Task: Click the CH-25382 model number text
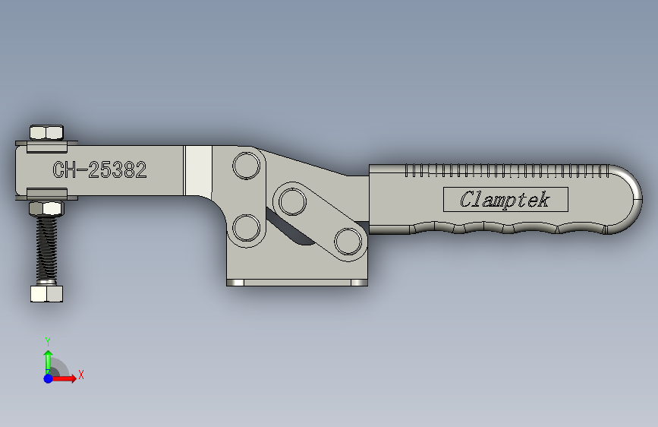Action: pyautogui.click(x=99, y=170)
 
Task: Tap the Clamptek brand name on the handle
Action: pyautogui.click(x=505, y=200)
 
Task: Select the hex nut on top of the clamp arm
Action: pyautogui.click(x=46, y=133)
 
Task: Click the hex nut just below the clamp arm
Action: pyautogui.click(x=46, y=209)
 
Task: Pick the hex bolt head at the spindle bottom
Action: pyautogui.click(x=46, y=293)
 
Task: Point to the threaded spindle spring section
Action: pyautogui.click(x=46, y=248)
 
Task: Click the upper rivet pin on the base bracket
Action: pyautogui.click(x=246, y=165)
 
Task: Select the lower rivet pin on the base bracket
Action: pyautogui.click(x=246, y=227)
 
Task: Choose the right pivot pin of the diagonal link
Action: pyautogui.click(x=347, y=242)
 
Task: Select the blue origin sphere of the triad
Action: pyautogui.click(x=48, y=378)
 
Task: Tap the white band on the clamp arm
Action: pyautogui.click(x=199, y=170)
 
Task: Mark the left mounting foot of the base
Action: pyautogui.click(x=235, y=283)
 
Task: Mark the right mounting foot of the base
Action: pyautogui.click(x=357, y=283)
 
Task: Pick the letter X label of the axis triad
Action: pyautogui.click(x=80, y=375)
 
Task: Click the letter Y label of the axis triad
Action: pyautogui.click(x=47, y=341)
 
